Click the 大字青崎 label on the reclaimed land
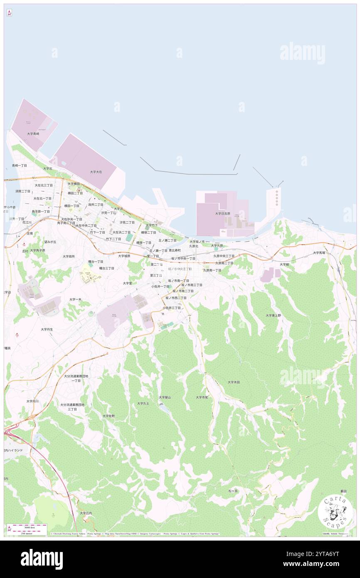coord(33,133)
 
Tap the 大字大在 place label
coord(96,171)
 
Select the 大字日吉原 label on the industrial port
coord(222,213)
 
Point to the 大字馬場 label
coord(319,252)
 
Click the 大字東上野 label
coord(274,315)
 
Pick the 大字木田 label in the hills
coord(234,382)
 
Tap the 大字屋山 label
coord(165,397)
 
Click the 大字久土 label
coord(143,403)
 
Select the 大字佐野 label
coord(108,415)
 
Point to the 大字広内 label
coord(86,513)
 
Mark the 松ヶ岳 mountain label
coord(233,491)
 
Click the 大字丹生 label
coord(47,329)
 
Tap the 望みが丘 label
coord(50,242)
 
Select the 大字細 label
coord(284,264)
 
